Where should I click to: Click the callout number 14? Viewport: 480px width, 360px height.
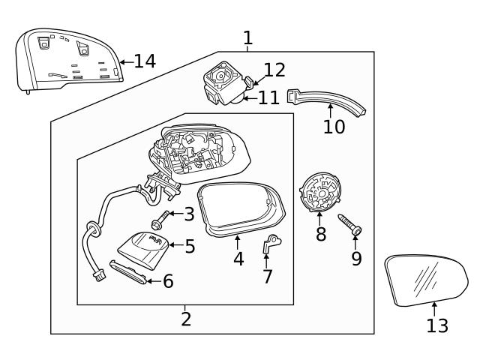pos(145,61)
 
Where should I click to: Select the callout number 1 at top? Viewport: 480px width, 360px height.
pos(247,37)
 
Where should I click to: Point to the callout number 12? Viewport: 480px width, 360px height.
pos(274,70)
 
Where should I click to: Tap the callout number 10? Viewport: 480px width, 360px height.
pos(334,127)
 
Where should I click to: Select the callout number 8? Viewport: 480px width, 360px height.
pos(321,234)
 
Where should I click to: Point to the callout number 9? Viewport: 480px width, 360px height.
pos(356,259)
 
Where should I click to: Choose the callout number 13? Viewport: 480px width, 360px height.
pos(436,325)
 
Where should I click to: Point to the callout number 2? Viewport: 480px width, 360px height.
pos(186,319)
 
